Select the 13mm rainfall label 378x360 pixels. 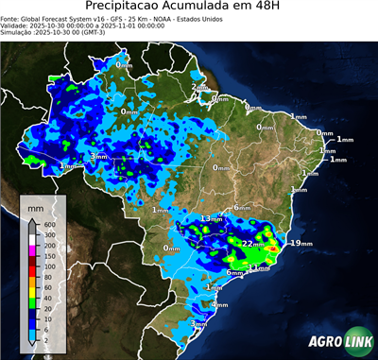(209, 218)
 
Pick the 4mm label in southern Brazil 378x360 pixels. (220, 304)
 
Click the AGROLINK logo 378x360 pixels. (335, 341)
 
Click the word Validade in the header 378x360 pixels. (16, 25)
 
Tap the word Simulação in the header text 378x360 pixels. (17, 31)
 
